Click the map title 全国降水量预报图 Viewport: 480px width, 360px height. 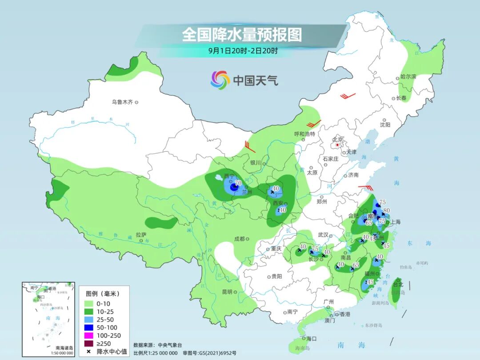pyautogui.click(x=242, y=35)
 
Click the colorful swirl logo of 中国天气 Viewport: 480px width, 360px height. pyautogui.click(x=220, y=80)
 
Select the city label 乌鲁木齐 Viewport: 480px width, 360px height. pyautogui.click(x=122, y=102)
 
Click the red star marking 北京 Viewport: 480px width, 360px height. pyautogui.click(x=338, y=145)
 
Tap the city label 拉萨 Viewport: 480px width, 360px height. pyautogui.click(x=141, y=235)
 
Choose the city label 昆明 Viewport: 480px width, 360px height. pyautogui.click(x=227, y=292)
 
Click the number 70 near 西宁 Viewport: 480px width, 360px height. pyautogui.click(x=238, y=183)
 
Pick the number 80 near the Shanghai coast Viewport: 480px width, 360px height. pyautogui.click(x=386, y=211)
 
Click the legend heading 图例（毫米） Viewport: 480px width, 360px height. pyautogui.click(x=102, y=294)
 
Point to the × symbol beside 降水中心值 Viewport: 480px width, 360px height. pyautogui.click(x=89, y=352)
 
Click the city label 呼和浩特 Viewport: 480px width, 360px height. pyautogui.click(x=304, y=134)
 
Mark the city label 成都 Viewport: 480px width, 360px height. pyautogui.click(x=239, y=239)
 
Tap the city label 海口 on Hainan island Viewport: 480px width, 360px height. pyautogui.click(x=312, y=339)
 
